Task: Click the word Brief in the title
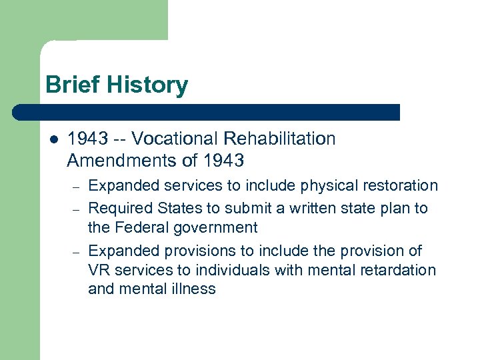70,85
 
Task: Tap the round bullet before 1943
54,139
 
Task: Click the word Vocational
175,139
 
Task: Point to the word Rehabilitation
279,139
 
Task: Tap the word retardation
397,270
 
